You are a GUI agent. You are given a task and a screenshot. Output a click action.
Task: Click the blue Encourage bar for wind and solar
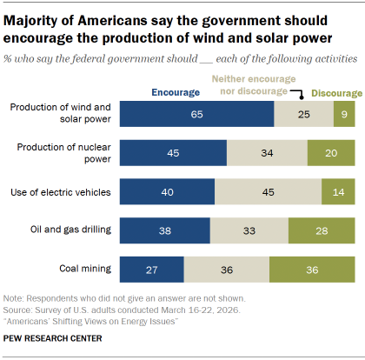click(196, 113)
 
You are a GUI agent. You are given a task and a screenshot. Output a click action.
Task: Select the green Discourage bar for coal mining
click(312, 270)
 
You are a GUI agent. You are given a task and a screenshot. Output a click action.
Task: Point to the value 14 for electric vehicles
click(338, 191)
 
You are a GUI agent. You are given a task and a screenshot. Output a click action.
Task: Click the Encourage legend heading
click(175, 90)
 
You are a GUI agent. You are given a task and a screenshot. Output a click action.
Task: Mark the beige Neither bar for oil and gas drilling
click(249, 230)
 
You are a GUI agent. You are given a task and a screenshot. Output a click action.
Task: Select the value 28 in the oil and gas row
click(322, 230)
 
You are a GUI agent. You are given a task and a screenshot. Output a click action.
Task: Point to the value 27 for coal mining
click(151, 270)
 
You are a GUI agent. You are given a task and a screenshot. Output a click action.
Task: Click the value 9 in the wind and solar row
click(345, 113)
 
